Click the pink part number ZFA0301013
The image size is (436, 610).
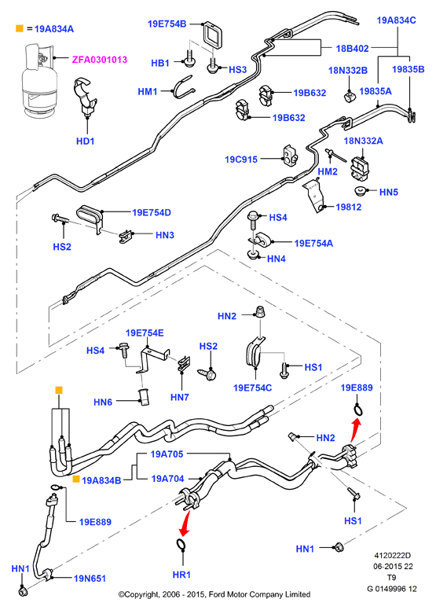(x=100, y=60)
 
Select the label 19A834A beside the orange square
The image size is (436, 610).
(x=54, y=29)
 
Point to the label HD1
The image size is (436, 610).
(x=85, y=141)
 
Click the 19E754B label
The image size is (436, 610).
(x=167, y=24)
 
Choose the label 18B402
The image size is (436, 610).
(x=353, y=48)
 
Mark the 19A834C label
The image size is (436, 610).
(x=397, y=20)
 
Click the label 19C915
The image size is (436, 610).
(x=241, y=160)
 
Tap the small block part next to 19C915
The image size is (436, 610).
(x=290, y=155)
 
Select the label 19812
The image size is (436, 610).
(x=349, y=207)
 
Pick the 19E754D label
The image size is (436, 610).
(x=152, y=212)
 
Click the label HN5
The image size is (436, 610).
(x=389, y=192)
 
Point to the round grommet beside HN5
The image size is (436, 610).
(x=360, y=191)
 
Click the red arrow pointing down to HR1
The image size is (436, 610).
(x=185, y=524)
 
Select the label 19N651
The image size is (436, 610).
(x=90, y=579)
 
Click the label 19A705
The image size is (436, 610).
(x=167, y=454)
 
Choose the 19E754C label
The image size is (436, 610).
(x=252, y=388)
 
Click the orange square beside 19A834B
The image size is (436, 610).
(x=76, y=479)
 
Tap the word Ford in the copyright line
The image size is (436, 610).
(x=217, y=594)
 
